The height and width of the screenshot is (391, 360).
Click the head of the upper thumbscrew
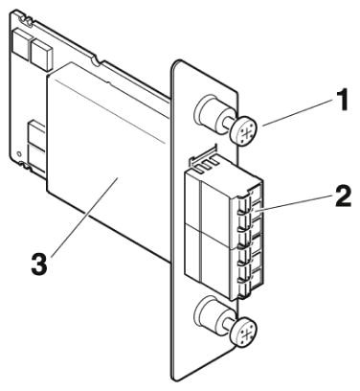pos(244,131)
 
